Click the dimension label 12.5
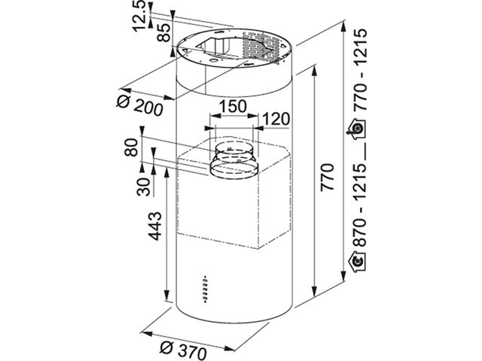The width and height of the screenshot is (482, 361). (x=140, y=16)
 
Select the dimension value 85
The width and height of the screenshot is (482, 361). (x=163, y=32)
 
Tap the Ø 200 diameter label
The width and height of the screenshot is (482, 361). (x=140, y=105)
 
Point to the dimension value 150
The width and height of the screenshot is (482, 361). (x=233, y=107)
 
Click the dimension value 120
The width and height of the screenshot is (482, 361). (x=276, y=119)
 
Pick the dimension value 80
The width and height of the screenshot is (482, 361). (x=133, y=147)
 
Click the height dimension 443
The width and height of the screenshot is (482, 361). (x=154, y=226)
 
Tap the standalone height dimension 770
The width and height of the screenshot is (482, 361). (x=327, y=177)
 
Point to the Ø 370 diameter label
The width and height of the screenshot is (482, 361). (x=183, y=350)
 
